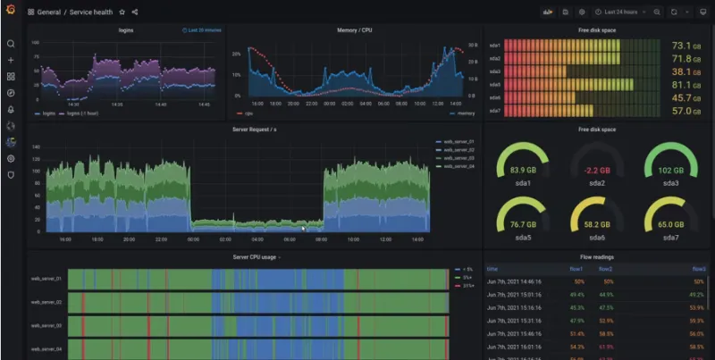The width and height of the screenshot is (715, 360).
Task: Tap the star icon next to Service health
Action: pyautogui.click(x=122, y=13)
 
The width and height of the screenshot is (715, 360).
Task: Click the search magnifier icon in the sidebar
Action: pyautogui.click(x=11, y=44)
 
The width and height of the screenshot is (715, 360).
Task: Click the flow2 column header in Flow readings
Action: pyautogui.click(x=605, y=268)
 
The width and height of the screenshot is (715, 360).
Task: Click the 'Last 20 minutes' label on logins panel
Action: pyautogui.click(x=205, y=30)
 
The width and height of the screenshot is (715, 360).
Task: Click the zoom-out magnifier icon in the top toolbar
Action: pyautogui.click(x=657, y=13)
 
